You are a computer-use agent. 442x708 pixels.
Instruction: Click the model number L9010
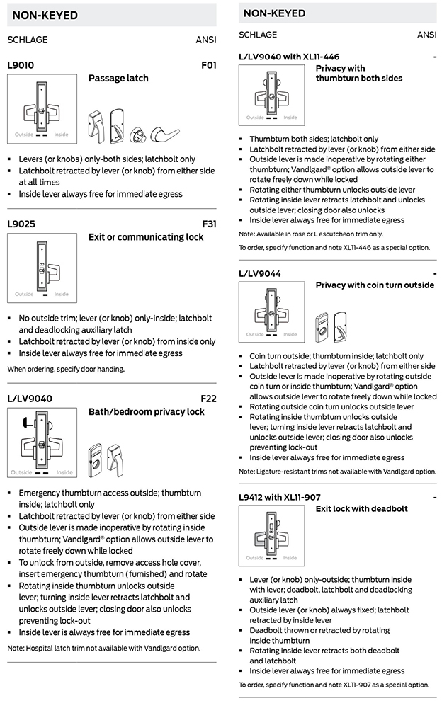(21, 65)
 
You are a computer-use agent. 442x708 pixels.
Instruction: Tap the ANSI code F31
(208, 224)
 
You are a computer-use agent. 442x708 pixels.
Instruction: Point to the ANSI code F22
(208, 399)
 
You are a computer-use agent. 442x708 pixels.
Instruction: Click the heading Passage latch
(118, 79)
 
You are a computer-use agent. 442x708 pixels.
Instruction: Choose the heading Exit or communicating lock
(145, 237)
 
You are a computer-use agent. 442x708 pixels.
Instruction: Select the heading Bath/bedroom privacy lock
(146, 412)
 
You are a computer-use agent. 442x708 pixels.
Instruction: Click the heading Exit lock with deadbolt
(361, 508)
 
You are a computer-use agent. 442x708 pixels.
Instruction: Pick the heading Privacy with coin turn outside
(375, 285)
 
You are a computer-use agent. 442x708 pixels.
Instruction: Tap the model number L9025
(21, 224)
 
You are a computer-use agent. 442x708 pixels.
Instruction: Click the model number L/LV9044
(260, 273)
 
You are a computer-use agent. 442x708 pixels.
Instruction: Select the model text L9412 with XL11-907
(279, 497)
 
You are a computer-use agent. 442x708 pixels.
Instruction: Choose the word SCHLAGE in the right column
(258, 35)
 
